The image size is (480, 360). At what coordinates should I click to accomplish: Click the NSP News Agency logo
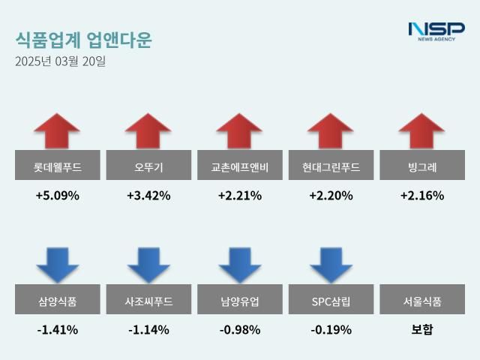[436, 31]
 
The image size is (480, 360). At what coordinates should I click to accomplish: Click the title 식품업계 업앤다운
[82, 40]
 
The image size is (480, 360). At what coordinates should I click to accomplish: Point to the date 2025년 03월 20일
[61, 61]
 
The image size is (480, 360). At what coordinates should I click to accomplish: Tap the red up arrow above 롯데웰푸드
[57, 131]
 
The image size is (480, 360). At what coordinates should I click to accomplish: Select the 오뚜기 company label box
[148, 166]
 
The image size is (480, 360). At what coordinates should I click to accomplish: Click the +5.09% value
[57, 196]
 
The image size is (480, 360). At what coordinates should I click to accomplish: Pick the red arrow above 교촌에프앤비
[240, 131]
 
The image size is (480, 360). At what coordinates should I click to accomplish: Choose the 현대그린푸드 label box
[331, 166]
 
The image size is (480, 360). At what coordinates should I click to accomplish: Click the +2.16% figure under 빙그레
[422, 196]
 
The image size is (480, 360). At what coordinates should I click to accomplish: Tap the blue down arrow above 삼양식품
[57, 264]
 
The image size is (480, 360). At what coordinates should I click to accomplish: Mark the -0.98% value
[240, 329]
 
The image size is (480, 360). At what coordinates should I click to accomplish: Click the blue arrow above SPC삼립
[331, 264]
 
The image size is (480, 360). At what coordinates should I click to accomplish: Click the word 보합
[422, 329]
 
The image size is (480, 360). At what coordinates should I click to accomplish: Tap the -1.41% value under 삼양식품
[57, 329]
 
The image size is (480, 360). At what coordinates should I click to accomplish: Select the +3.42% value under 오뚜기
[148, 196]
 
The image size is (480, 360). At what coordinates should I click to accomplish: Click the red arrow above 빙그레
[422, 131]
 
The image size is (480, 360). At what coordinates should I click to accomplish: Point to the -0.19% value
[331, 329]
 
